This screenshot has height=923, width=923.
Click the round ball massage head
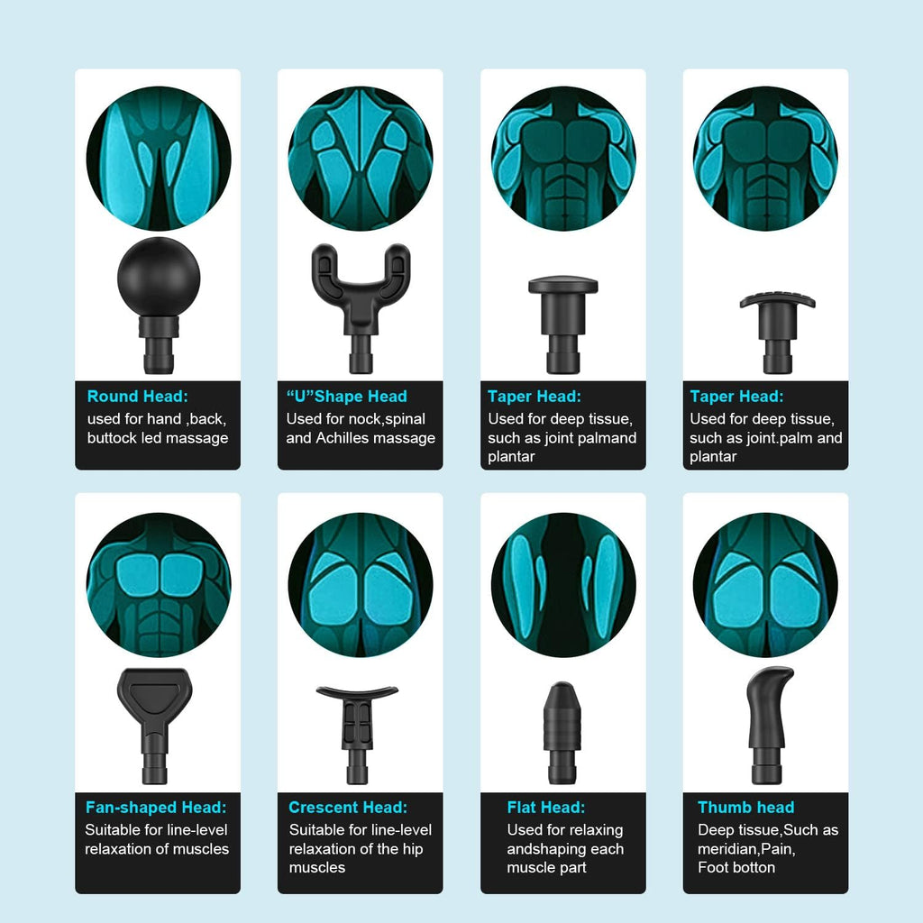[159, 304]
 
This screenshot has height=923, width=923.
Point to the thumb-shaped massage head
[768, 724]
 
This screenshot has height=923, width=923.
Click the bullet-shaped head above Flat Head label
[562, 732]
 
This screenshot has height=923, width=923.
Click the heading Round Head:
[137, 397]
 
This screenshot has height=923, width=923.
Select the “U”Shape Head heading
[347, 397]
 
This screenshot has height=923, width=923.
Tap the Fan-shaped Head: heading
[156, 807]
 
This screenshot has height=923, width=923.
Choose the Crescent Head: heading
[348, 807]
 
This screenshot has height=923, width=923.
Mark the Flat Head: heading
[545, 807]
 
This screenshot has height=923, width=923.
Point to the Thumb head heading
[745, 807]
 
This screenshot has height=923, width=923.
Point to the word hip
[413, 849]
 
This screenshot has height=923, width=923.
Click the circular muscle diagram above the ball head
[159, 159]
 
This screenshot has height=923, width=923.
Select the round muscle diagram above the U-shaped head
[361, 159]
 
